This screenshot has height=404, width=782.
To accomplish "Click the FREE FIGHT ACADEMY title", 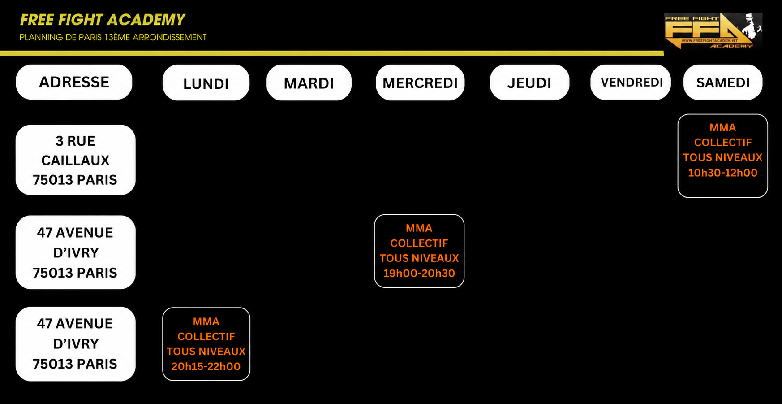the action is tap(103, 20).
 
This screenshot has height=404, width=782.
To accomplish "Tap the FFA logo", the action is tap(713, 31).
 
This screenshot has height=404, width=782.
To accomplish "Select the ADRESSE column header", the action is tap(74, 82).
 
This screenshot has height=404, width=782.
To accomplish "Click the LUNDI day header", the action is tap(206, 83).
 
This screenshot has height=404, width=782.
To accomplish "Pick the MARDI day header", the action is tap(309, 83).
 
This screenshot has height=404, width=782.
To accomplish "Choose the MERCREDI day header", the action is tap(420, 83).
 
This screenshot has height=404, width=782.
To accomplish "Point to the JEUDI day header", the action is tap(529, 83).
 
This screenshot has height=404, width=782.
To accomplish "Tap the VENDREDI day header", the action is tap(631, 82).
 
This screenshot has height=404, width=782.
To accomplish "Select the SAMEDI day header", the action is tap(723, 82).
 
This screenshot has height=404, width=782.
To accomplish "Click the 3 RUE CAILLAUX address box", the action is tap(75, 160).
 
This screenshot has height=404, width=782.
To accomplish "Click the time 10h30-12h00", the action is tap(723, 173).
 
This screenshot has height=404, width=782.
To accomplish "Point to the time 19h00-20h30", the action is tap(419, 273).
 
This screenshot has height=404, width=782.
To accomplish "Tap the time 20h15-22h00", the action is tap(206, 366).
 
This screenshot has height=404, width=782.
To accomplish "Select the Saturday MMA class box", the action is tap(723, 156).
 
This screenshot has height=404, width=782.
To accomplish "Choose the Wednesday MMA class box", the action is tap(419, 251).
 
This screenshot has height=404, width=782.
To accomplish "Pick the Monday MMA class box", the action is tap(206, 344).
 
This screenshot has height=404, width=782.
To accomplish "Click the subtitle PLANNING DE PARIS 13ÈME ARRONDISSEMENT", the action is tap(113, 37).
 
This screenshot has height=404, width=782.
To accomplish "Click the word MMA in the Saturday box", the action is tap(723, 127).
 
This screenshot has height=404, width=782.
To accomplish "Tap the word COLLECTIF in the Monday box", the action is tap(206, 336).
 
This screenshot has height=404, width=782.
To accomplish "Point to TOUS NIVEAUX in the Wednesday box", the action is tap(419, 258).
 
